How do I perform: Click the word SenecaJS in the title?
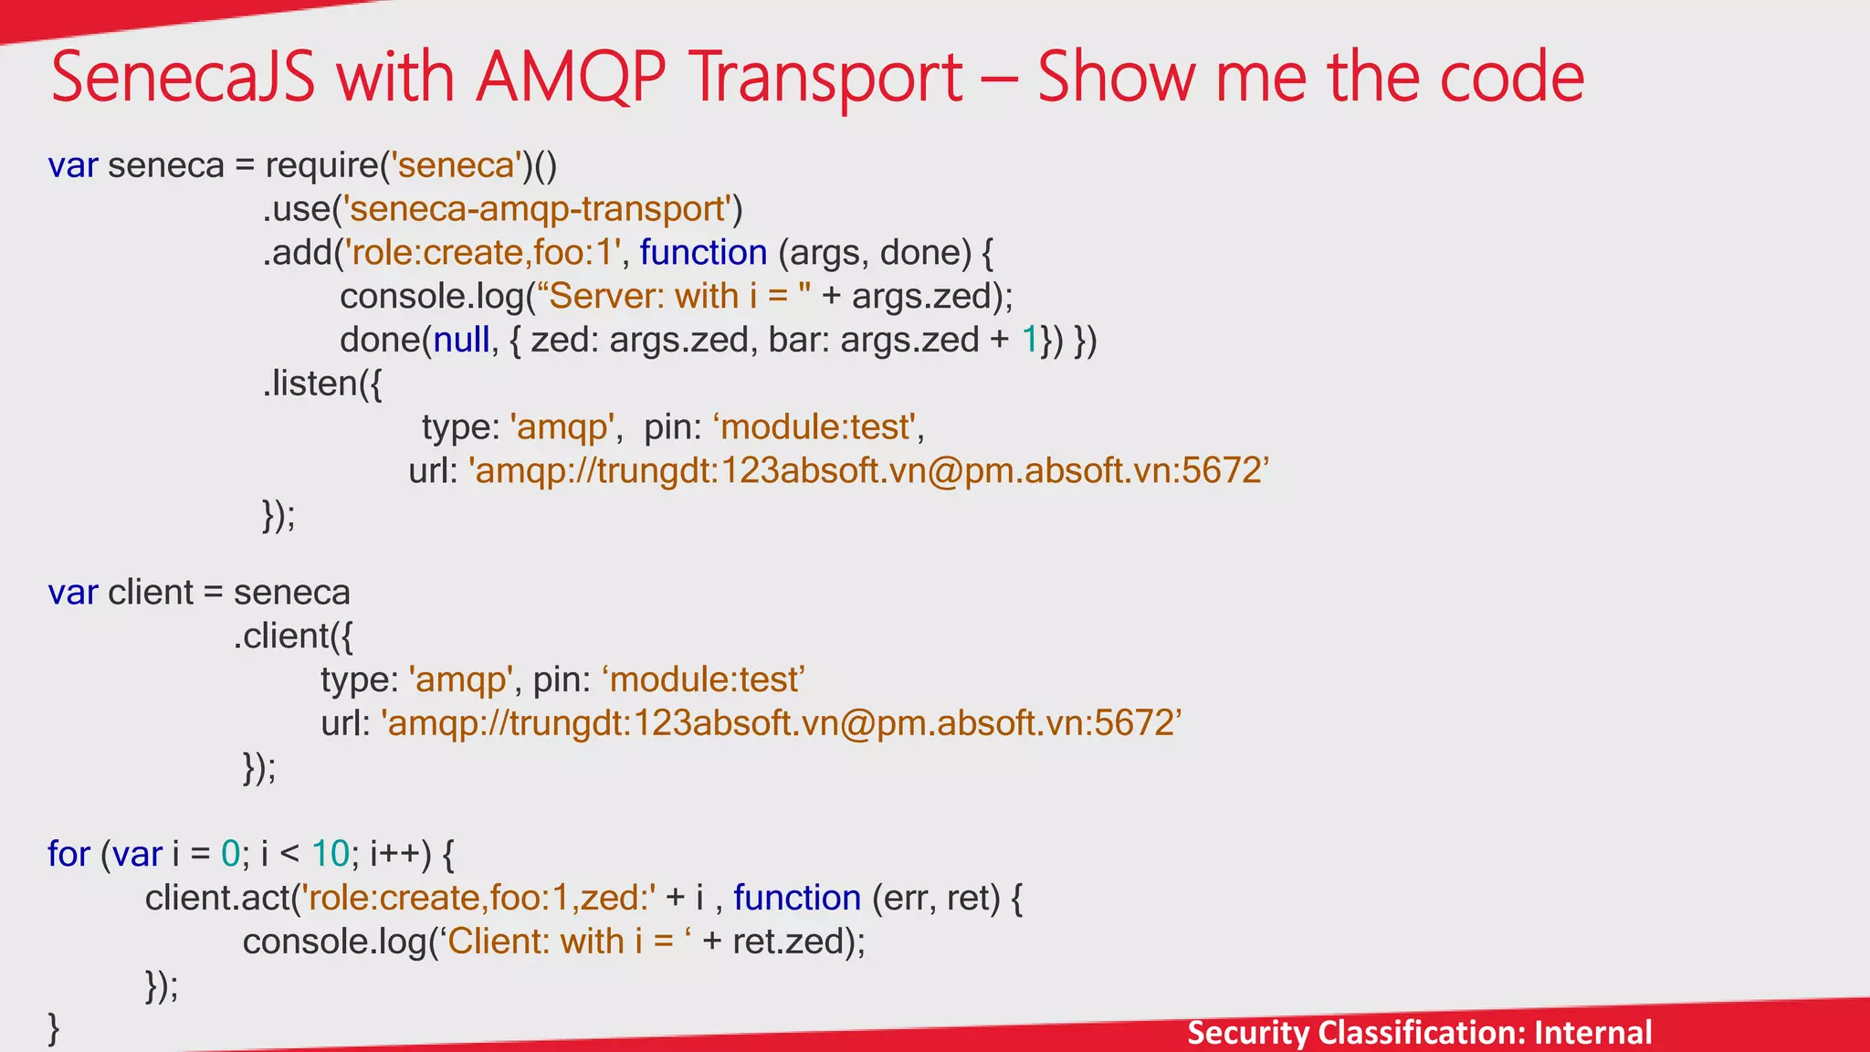[183, 77]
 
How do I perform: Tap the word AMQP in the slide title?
[571, 77]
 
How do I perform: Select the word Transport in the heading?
[825, 79]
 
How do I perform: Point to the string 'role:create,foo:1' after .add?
[483, 253]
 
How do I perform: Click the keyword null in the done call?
[461, 340]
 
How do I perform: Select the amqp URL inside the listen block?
[868, 471]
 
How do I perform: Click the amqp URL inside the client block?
[781, 723]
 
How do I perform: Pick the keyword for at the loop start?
[68, 854]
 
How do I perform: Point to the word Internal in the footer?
[1592, 1033]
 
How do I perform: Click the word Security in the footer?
[1247, 1033]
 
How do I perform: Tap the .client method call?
[288, 636]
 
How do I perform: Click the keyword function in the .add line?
[703, 253]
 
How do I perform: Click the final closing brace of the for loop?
[54, 1028]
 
